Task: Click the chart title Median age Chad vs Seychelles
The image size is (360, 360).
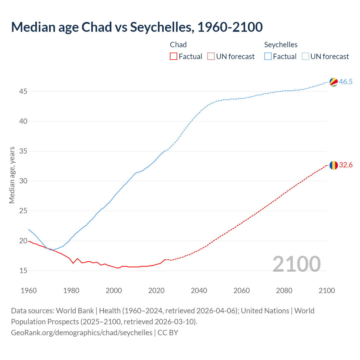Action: [137, 27]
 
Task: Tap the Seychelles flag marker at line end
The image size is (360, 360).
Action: [334, 82]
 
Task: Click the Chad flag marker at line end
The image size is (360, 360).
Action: [334, 165]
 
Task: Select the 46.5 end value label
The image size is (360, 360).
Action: [346, 82]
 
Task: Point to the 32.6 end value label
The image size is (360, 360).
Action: [346, 165]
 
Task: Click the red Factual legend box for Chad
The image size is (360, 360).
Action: [174, 57]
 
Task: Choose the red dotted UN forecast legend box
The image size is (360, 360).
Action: [211, 57]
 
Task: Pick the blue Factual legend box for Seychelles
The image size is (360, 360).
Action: [268, 57]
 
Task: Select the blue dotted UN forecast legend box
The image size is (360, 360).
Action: [305, 57]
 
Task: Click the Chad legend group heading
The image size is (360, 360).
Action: [178, 45]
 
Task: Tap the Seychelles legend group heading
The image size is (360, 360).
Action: [281, 45]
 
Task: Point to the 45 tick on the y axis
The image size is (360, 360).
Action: [23, 92]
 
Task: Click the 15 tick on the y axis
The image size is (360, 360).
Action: [23, 271]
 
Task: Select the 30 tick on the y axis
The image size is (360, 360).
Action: [23, 181]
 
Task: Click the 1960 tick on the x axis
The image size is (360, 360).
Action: [29, 291]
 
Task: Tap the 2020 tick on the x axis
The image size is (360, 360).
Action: [156, 291]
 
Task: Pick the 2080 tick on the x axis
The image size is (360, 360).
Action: [284, 291]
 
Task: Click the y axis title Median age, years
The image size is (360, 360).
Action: [12, 175]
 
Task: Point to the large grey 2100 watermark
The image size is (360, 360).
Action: [296, 264]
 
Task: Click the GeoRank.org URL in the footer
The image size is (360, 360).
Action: [82, 333]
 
